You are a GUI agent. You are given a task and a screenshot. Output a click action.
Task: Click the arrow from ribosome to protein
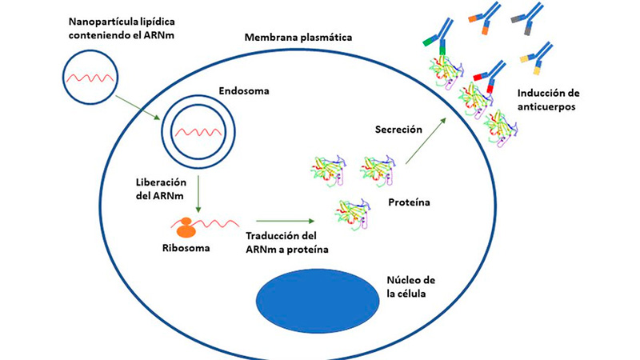point(283,218)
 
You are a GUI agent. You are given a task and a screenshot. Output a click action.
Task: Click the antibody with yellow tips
point(537,54)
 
